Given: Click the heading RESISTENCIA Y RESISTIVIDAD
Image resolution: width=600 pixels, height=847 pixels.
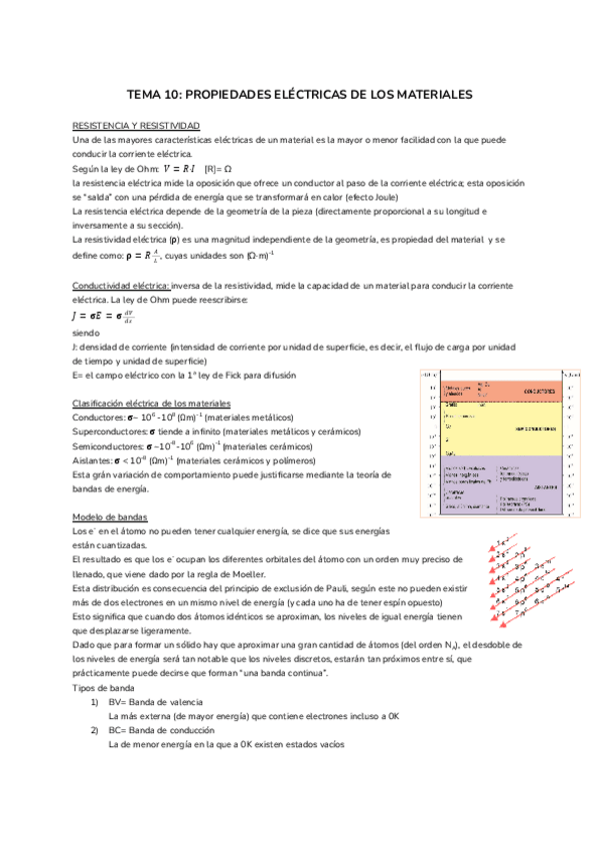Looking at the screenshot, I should pyautogui.click(x=136, y=125).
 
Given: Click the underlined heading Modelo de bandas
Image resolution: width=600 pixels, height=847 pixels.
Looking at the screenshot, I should pyautogui.click(x=111, y=517).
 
